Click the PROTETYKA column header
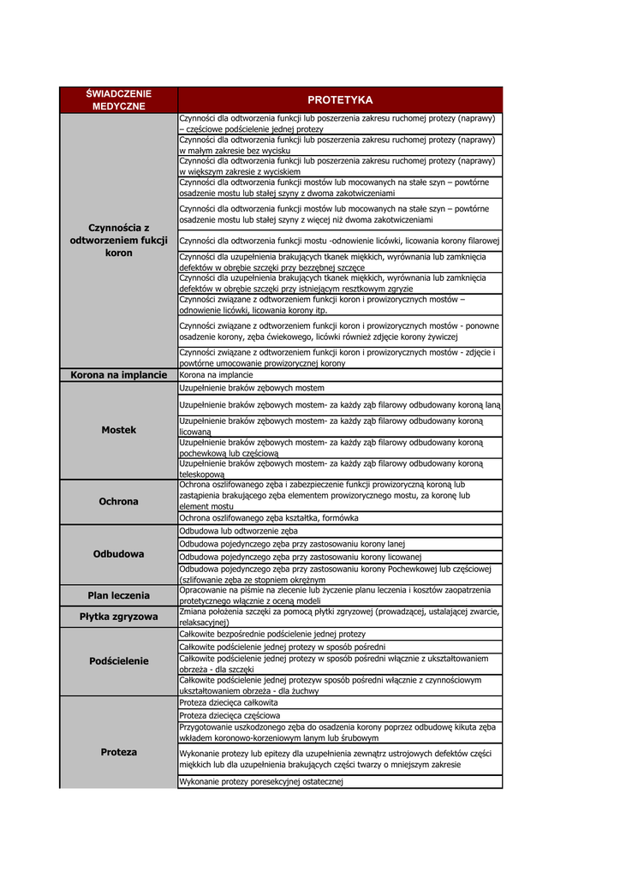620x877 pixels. [x=340, y=100]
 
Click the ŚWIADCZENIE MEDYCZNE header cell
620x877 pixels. [x=118, y=100]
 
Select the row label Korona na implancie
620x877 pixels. [x=118, y=375]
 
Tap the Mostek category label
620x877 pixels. [x=118, y=430]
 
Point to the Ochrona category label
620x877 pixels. [x=118, y=501]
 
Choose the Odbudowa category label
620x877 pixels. [x=118, y=554]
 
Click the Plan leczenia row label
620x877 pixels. [x=118, y=595]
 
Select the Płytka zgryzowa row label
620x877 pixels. [x=118, y=617]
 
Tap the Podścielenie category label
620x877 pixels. [x=118, y=661]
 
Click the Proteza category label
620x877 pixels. [x=118, y=752]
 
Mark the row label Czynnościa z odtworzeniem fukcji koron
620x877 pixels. [x=118, y=241]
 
